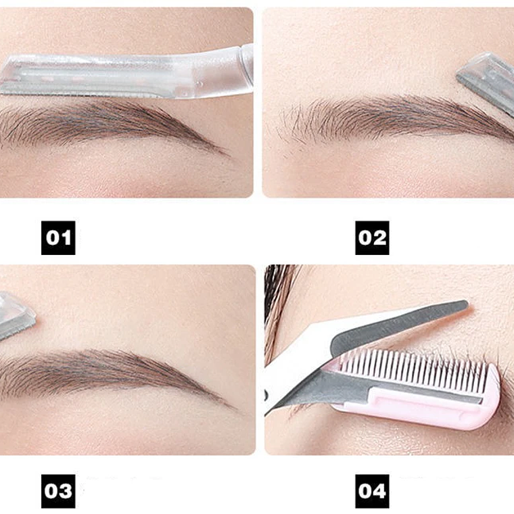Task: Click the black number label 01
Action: coord(58,238)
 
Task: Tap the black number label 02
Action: coord(372,238)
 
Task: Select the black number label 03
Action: coord(58,490)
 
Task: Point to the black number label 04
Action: coord(372,490)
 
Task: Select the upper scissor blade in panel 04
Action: coord(399,328)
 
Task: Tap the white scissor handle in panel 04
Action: coord(291,365)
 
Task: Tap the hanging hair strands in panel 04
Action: coord(281,298)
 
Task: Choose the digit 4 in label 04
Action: coord(380,490)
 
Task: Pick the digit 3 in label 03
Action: coord(66,490)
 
